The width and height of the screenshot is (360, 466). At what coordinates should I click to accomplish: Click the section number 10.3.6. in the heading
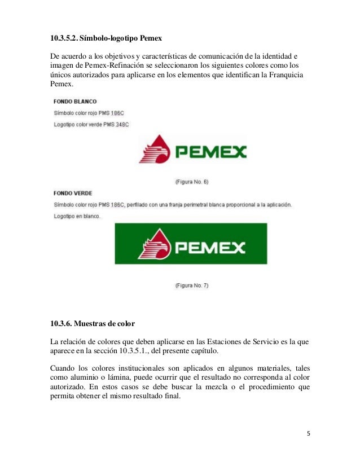click(60, 323)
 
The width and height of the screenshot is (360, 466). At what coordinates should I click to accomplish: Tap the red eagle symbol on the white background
click(153, 150)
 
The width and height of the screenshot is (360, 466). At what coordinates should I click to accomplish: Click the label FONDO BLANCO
click(75, 102)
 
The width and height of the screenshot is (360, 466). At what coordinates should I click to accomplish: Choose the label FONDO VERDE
click(73, 193)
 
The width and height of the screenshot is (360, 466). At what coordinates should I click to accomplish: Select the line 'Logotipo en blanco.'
click(77, 216)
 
